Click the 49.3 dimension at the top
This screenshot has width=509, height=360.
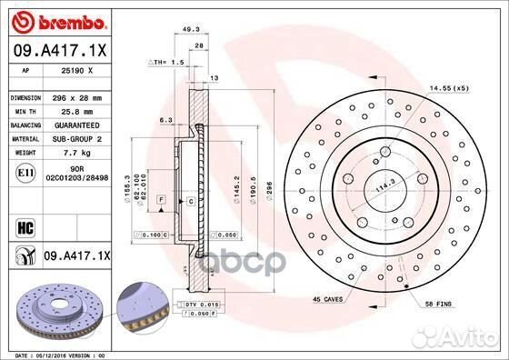[x=190, y=30]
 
